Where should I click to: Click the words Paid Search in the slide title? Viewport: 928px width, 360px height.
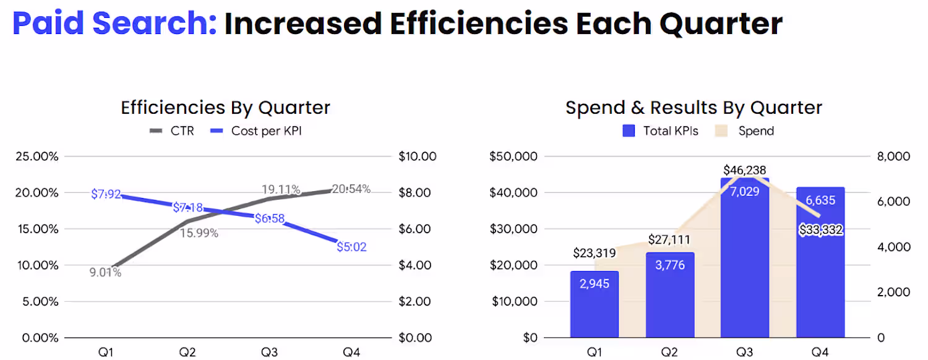(x=114, y=24)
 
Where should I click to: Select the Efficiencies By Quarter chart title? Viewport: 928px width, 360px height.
(x=225, y=108)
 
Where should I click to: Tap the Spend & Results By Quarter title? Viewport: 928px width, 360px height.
(x=694, y=108)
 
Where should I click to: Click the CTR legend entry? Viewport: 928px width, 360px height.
(x=172, y=131)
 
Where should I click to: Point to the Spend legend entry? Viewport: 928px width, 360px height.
(x=745, y=131)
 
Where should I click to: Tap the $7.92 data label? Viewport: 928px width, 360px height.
(x=106, y=195)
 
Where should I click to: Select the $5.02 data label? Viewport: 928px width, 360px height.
(x=351, y=247)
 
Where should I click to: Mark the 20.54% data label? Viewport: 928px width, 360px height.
(x=351, y=189)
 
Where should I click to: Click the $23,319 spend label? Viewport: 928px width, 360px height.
(x=595, y=252)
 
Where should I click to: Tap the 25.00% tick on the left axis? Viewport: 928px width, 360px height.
(x=37, y=156)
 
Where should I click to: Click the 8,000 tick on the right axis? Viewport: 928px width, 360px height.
(x=894, y=156)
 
